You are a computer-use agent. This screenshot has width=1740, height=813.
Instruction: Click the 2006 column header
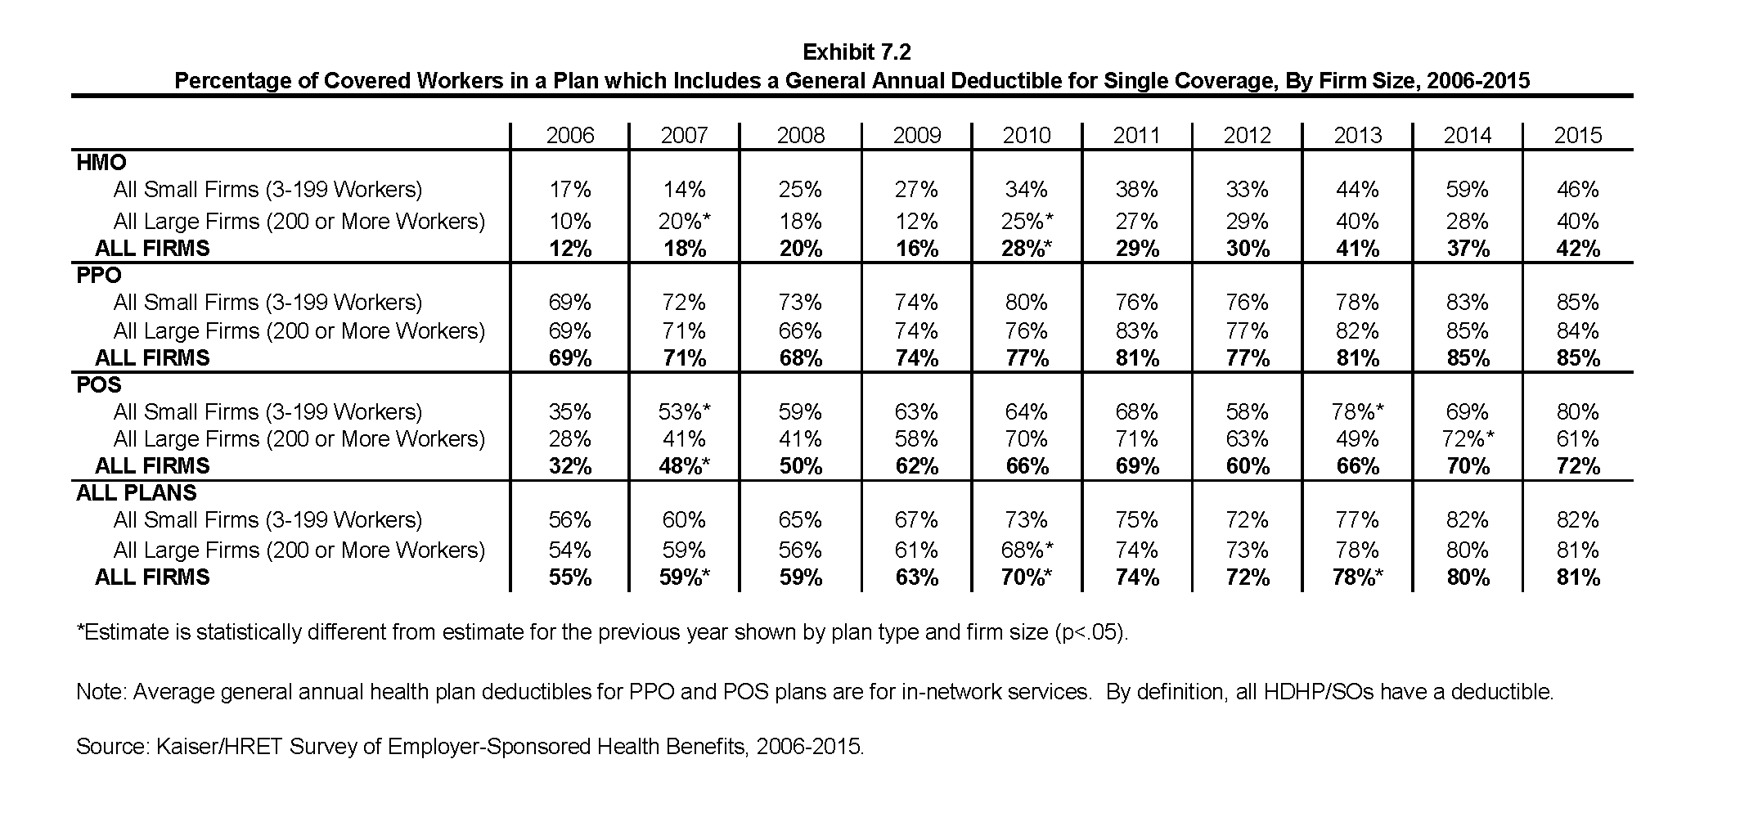(569, 136)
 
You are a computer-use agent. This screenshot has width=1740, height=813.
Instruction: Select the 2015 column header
(1577, 136)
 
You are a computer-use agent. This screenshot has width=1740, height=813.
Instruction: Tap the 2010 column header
(1026, 136)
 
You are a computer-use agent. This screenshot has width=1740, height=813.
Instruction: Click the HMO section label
(101, 163)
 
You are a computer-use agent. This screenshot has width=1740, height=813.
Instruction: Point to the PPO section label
(99, 275)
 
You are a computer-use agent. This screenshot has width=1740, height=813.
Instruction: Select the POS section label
(99, 384)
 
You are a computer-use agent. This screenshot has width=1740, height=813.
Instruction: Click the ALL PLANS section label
(137, 493)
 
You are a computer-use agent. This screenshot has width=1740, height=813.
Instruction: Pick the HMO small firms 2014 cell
(1467, 190)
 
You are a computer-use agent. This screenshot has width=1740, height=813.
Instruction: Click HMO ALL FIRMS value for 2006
(570, 249)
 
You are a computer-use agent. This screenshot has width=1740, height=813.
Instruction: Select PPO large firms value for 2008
(800, 331)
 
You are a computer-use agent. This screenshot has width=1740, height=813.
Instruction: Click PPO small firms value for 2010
(1026, 303)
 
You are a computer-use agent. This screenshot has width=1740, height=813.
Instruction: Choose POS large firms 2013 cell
(1357, 439)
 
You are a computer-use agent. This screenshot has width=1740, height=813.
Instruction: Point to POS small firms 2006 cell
(570, 411)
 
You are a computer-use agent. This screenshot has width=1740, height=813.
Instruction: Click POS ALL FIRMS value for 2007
(685, 466)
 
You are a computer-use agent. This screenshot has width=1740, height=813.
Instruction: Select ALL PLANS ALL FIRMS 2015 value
(1577, 577)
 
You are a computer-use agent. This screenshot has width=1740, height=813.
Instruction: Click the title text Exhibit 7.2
(857, 52)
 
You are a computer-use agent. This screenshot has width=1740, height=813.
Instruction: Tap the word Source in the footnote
(108, 747)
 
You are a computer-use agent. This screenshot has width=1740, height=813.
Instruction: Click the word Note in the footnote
(100, 692)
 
